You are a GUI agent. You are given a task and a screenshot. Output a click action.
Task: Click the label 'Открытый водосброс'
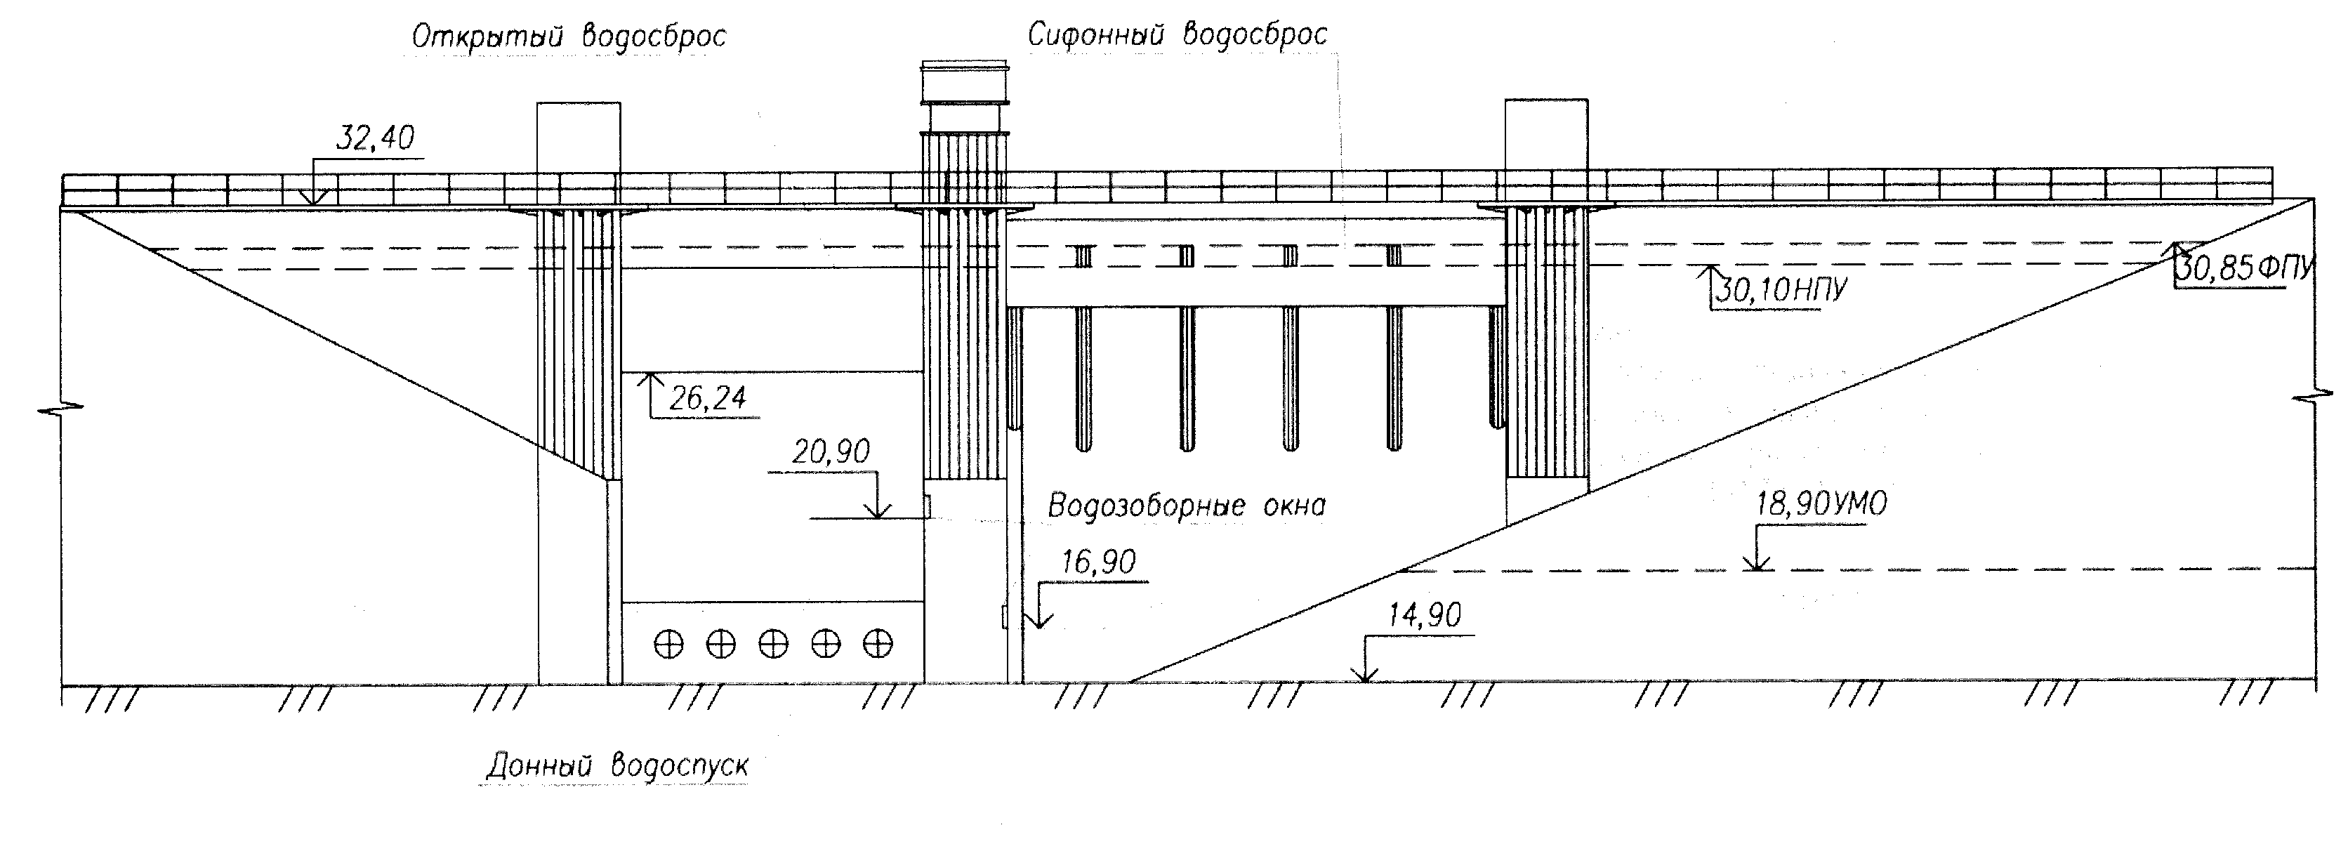click(x=569, y=37)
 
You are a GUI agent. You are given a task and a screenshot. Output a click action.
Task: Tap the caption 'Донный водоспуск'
click(x=617, y=765)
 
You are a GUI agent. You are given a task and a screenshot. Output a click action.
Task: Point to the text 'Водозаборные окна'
click(x=1186, y=506)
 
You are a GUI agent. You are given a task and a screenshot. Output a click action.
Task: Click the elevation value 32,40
click(x=375, y=138)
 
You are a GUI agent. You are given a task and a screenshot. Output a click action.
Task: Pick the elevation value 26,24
click(x=707, y=398)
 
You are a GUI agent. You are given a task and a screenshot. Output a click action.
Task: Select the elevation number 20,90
click(x=831, y=452)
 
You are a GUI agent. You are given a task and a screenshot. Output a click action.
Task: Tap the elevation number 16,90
click(x=1098, y=562)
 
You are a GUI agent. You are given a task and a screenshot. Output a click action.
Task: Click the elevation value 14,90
click(x=1424, y=616)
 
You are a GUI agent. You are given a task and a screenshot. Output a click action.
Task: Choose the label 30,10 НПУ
click(x=1781, y=291)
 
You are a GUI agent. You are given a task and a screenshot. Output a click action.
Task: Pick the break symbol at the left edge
click(x=60, y=407)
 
